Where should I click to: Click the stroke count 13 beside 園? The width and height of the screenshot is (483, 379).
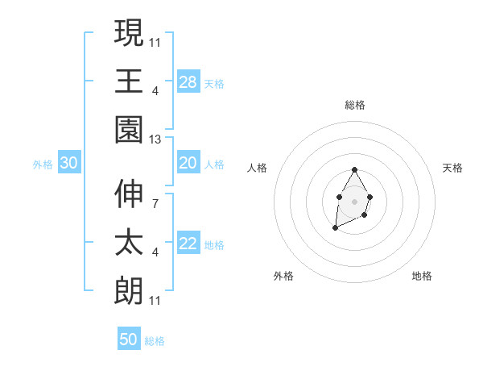(155, 140)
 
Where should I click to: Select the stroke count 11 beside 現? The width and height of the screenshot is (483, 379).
(155, 41)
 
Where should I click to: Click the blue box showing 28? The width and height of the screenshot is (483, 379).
(188, 82)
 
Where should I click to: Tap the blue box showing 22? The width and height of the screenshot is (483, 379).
(188, 244)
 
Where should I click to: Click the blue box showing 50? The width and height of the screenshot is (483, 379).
(129, 339)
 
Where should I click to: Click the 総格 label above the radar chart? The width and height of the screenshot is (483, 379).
(355, 105)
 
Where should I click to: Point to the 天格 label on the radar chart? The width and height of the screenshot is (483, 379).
(453, 168)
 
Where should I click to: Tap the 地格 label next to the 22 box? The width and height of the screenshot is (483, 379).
(215, 245)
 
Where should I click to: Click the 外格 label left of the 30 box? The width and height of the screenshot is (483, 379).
(43, 165)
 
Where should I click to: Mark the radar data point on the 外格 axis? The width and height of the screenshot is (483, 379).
(335, 228)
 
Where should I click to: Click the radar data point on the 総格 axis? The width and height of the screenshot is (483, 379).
(355, 170)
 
